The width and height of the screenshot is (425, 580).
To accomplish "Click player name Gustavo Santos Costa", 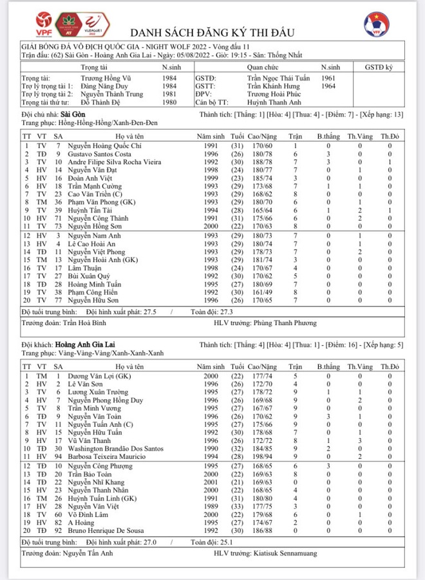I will pos(98,154).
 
